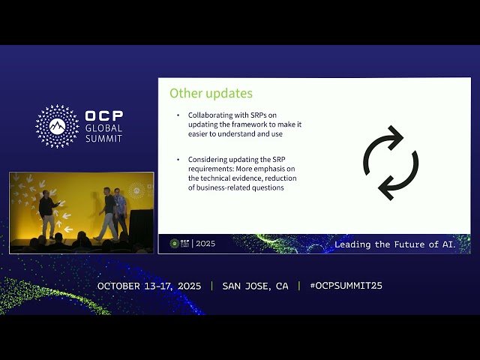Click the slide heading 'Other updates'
tap(211, 94)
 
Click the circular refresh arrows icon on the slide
tap(391, 163)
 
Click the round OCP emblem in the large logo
tap(58, 125)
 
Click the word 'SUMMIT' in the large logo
tap(104, 139)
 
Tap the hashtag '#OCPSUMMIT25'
tap(340, 286)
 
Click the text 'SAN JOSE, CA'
tap(255, 286)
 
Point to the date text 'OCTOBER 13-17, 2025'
tap(150, 286)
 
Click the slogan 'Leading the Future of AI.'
tap(401, 244)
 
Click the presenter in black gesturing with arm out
tap(48, 214)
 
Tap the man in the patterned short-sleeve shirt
tap(120, 211)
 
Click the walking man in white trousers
tap(109, 213)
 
